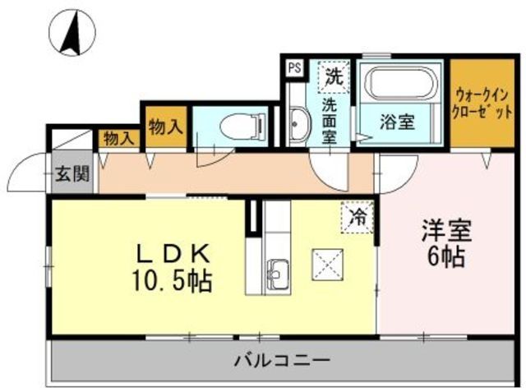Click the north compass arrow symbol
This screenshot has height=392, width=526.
72,32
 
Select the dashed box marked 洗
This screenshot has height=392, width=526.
333,78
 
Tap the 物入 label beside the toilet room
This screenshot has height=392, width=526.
164,127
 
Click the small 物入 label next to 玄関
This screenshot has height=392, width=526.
118,139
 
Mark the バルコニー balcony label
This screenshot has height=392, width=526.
281,360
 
